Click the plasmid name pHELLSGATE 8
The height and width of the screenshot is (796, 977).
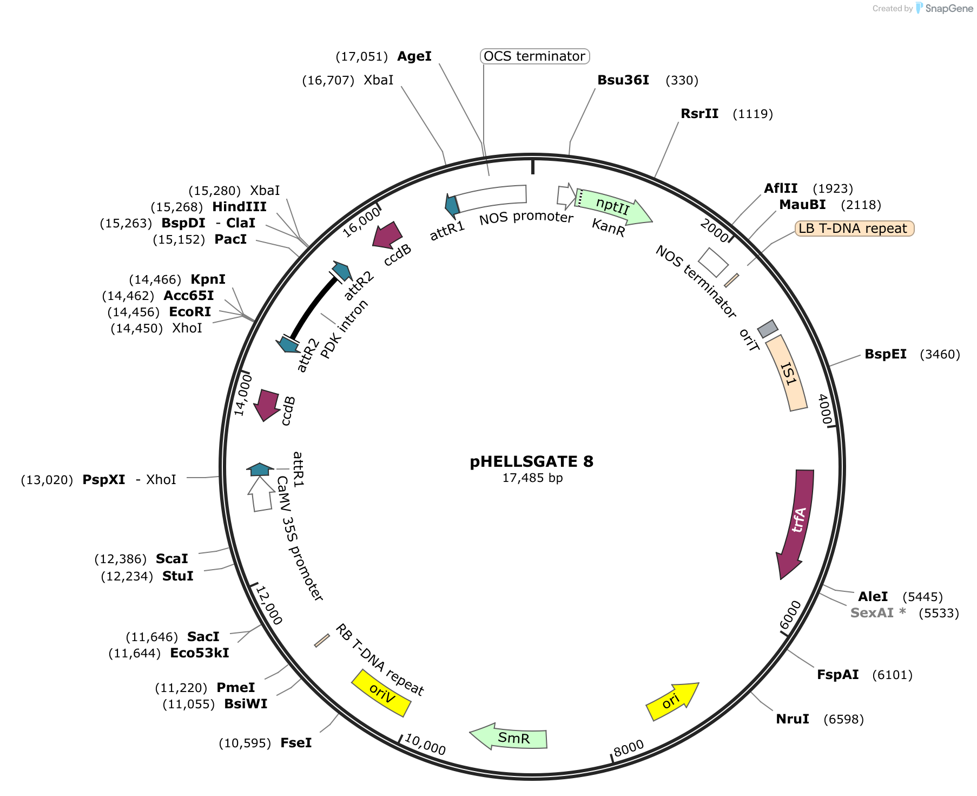(531, 461)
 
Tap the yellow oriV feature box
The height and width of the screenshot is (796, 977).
(381, 693)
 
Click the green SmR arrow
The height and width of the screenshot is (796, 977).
(509, 737)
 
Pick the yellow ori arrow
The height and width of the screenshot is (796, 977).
(672, 701)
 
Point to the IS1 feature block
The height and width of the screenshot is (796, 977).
(787, 373)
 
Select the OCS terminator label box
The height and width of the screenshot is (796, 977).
(534, 56)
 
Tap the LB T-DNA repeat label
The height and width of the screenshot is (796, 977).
(854, 229)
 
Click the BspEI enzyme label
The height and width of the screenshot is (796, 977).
(886, 354)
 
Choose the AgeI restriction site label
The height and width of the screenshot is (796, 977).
(414, 56)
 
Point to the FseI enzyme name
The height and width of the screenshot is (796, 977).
(296, 743)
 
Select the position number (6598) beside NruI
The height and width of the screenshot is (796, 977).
(843, 719)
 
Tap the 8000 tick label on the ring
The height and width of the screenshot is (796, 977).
(629, 748)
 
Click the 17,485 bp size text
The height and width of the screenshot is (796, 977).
(532, 478)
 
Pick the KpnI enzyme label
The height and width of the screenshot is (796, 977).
(208, 279)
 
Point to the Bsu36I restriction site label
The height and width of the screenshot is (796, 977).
(623, 80)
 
